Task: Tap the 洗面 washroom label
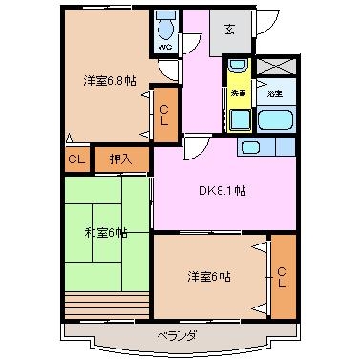tap(238, 94)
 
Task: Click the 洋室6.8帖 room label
tap(107, 82)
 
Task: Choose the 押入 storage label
tap(120, 159)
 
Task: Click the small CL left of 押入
tap(77, 159)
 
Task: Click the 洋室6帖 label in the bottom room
tap(208, 277)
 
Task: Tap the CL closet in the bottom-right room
tap(282, 278)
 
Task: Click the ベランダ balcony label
tap(178, 335)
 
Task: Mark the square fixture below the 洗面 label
tap(238, 119)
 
